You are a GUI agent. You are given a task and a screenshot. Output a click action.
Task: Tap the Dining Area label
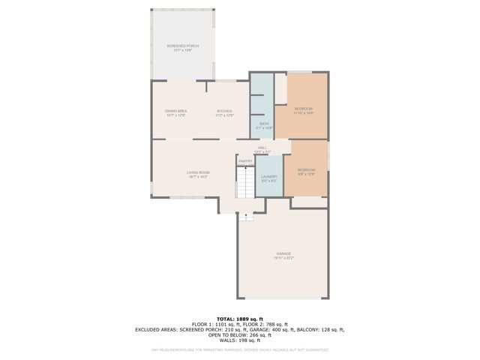coord(175,111)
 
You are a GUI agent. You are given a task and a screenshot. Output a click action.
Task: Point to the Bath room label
coord(264,124)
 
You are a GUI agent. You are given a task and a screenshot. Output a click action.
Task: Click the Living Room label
coord(198,172)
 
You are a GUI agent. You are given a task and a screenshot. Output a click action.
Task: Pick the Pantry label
coord(245,161)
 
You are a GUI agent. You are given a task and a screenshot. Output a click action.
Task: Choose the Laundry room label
coord(269,176)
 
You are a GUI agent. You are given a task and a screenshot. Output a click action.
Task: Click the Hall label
coord(262,148)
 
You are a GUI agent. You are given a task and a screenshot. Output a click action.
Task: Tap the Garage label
coord(283,253)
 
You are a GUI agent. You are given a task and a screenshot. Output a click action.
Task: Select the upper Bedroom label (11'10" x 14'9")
coord(303,109)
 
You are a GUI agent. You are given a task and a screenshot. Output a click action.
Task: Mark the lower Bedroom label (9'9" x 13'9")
coord(306,169)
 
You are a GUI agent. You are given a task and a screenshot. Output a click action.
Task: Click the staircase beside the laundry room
coord(246,182)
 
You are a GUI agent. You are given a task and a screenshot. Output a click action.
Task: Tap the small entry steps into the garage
coord(247,216)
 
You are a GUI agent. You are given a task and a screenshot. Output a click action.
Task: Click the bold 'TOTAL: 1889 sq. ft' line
coord(239,318)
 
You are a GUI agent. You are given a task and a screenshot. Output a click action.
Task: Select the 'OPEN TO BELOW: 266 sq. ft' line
coord(239,334)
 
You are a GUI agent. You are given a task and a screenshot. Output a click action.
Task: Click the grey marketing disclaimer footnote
coord(239,349)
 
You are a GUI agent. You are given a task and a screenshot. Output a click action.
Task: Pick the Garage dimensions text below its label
coord(283,258)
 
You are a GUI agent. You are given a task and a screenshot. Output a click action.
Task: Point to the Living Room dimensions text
coord(198,177)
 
